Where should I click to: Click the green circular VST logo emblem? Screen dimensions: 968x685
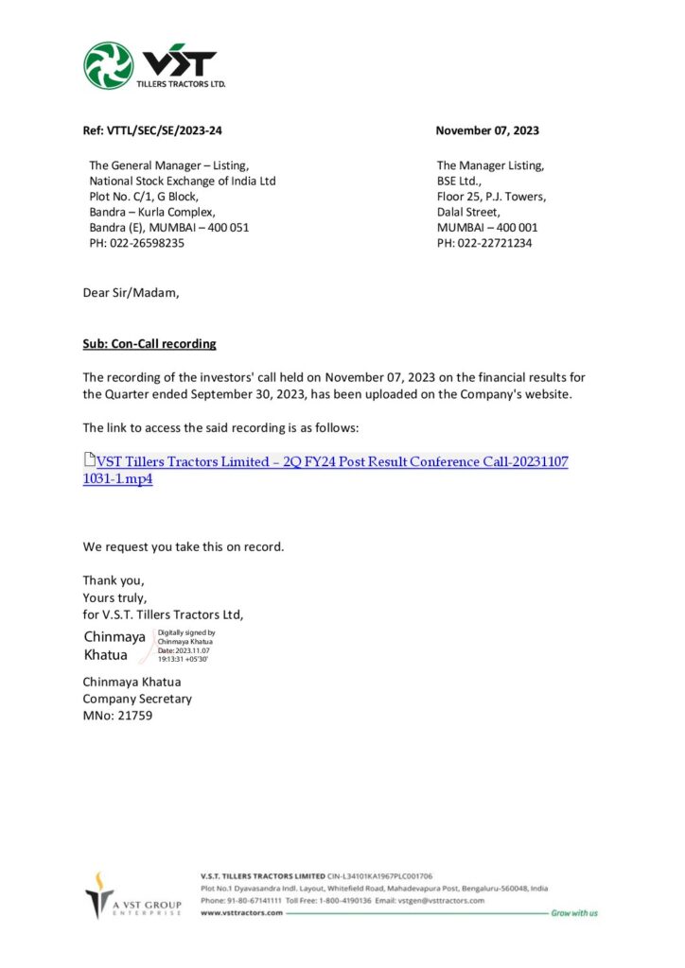click(x=109, y=65)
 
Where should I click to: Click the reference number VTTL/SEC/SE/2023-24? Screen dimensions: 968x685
click(x=152, y=130)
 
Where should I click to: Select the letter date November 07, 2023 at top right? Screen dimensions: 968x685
click(x=487, y=130)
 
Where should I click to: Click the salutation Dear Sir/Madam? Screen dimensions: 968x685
click(x=130, y=293)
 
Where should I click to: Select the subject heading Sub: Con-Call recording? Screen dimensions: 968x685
click(x=149, y=343)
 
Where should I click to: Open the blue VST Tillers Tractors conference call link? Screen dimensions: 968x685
click(x=331, y=462)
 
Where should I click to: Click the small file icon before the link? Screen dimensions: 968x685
click(x=89, y=461)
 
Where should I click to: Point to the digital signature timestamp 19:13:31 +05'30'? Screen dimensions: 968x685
click(x=183, y=659)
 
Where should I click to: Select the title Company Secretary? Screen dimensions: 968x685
click(x=137, y=699)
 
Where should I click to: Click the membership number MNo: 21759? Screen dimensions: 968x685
click(x=117, y=716)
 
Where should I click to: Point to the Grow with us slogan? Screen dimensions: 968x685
click(x=574, y=913)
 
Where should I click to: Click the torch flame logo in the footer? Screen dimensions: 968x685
click(x=98, y=891)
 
